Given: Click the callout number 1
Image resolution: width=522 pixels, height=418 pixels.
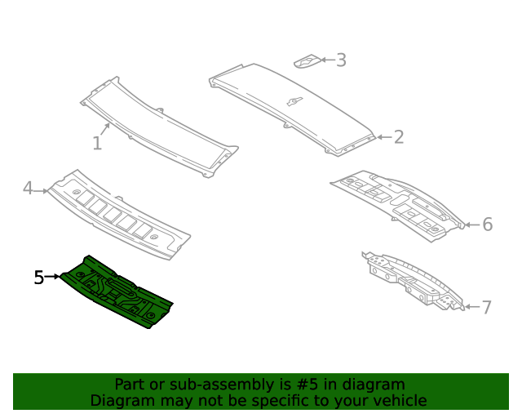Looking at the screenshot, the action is coord(97,144).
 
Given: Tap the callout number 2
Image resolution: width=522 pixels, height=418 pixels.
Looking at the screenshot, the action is coord(399,137).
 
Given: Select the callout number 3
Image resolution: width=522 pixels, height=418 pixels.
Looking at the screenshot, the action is coord(341,60).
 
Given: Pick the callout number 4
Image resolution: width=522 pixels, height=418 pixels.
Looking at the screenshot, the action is coord(28,188).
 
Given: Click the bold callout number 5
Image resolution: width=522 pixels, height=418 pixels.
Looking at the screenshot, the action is coord(39,278).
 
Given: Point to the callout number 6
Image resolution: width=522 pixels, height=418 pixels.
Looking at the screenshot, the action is coord(488,225).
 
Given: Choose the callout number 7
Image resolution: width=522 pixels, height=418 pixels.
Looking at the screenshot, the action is coord(486,307).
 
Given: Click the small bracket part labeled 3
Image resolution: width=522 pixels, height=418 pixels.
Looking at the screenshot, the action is coord(307,61).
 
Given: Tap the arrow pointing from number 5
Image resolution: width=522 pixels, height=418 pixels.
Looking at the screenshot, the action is coord(52,276).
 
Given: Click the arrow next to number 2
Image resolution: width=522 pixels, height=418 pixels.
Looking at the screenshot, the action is coord(384,137).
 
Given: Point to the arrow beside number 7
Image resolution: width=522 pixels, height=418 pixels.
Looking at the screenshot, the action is coord(472,307).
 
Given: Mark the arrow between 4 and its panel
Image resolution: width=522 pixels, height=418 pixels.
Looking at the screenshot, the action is coord(41,191).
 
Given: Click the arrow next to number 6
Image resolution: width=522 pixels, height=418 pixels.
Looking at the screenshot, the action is coord(472,225).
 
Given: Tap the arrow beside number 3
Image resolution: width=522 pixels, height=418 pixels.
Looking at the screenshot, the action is coord(327,60).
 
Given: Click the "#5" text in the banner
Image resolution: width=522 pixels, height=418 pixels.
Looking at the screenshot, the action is coord(307,385).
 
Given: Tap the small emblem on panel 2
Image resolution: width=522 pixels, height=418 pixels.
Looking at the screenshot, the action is coord(295,101).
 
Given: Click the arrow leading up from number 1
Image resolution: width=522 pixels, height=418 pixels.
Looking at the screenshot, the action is coord(104,129).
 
